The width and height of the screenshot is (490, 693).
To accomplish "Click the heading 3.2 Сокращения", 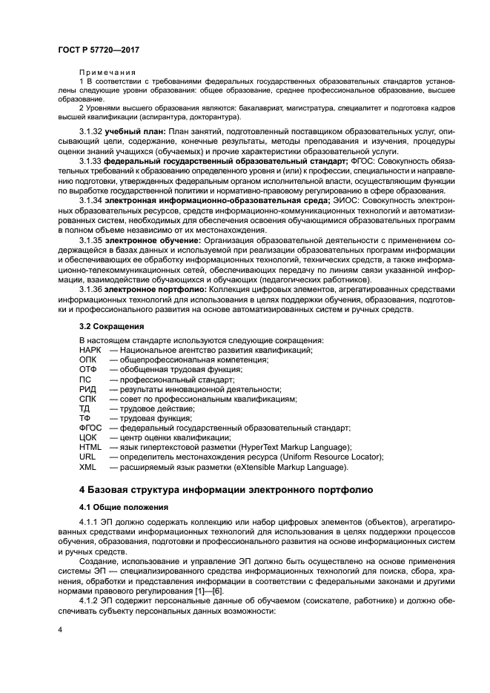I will (111, 325).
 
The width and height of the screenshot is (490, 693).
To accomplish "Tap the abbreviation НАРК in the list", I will (89, 350).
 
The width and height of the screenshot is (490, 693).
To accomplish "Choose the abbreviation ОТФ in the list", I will (87, 369).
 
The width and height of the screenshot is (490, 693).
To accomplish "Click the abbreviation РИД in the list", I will (87, 389).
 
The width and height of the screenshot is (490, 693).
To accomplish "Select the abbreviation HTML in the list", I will (90, 447).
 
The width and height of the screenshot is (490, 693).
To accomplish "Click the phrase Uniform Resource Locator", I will (329, 457).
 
